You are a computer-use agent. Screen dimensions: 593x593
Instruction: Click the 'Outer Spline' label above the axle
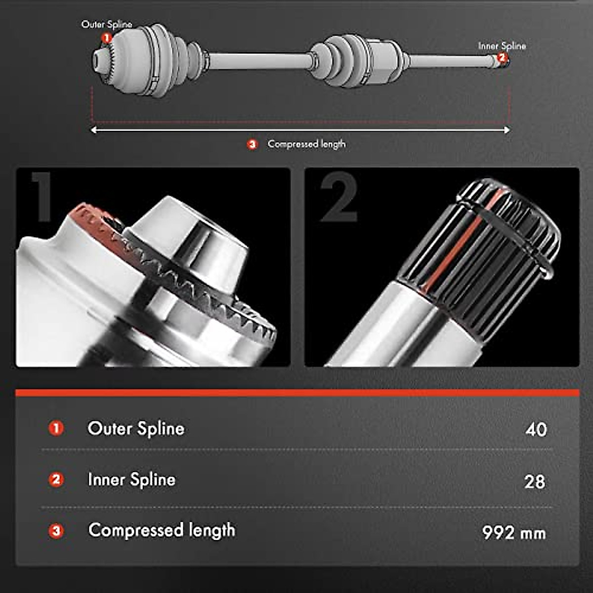[x=106, y=24]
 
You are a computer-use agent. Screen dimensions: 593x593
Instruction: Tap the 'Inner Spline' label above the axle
[x=502, y=46]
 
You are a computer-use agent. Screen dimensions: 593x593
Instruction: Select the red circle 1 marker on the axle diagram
[x=106, y=38]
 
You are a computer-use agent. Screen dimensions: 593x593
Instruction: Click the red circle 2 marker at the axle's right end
[x=502, y=58]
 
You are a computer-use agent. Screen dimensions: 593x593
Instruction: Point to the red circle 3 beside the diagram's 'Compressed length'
[x=253, y=145]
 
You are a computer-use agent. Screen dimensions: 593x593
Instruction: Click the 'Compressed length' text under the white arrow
[x=306, y=144]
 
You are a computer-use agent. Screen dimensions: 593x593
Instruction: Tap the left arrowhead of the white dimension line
[x=93, y=130]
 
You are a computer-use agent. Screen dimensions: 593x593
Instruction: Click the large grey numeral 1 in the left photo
[x=41, y=197]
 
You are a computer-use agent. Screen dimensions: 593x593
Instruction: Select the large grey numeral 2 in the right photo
[x=339, y=197]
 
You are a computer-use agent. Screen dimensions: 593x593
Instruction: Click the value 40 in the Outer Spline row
[x=536, y=429]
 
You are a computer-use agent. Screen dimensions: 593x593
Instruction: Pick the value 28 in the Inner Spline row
[x=535, y=481]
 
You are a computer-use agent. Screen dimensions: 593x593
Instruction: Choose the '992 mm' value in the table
[x=514, y=533]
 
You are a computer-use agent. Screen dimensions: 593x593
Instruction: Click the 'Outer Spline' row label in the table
[x=136, y=428]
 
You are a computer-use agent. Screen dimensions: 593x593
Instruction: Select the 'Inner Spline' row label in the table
[x=131, y=480]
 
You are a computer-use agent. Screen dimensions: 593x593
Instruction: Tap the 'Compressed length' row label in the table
[x=162, y=530]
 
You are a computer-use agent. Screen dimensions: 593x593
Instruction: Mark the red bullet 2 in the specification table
[x=56, y=480]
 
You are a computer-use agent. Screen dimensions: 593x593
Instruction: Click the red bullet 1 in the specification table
[x=56, y=428]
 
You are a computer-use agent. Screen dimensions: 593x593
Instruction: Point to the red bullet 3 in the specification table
[x=56, y=531]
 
